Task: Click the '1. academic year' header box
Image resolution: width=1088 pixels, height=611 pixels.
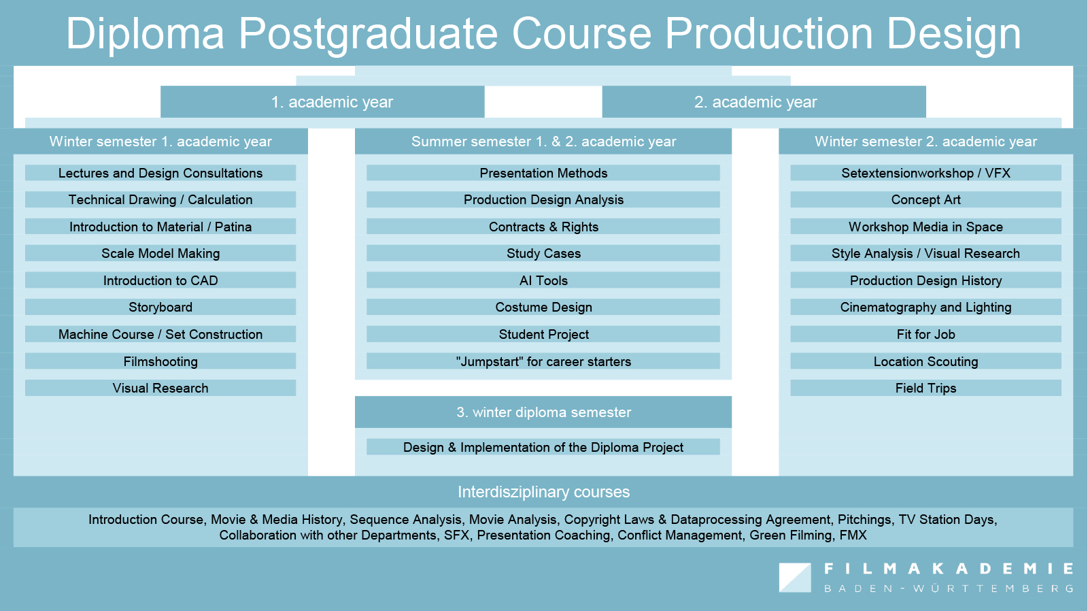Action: tap(322, 101)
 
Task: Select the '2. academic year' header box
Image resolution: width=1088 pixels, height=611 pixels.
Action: tap(764, 101)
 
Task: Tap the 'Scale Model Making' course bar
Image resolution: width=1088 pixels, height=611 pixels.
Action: tap(160, 253)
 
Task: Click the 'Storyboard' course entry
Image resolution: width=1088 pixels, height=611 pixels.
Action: tap(160, 308)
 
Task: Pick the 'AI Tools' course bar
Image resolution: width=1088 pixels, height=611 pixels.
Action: tap(543, 280)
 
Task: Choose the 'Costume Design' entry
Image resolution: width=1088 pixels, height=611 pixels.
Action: tap(543, 308)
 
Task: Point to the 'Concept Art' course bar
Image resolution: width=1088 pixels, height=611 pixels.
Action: tap(925, 199)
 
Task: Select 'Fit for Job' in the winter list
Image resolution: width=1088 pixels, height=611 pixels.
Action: tap(925, 335)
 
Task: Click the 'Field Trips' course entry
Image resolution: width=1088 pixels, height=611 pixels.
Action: tap(925, 388)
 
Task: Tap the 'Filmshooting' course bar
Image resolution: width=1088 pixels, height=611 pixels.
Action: tap(160, 361)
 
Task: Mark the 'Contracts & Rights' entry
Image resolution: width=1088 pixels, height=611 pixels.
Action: tap(543, 227)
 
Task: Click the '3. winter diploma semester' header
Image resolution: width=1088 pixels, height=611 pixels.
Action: tap(543, 412)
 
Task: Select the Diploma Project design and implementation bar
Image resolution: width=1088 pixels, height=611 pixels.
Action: tap(543, 447)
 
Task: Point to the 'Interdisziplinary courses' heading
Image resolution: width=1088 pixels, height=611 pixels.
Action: tap(543, 492)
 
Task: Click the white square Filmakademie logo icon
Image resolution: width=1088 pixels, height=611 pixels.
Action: tap(795, 578)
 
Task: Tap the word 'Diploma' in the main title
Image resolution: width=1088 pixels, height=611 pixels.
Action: tap(145, 33)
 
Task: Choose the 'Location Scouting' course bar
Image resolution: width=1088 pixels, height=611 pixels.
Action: tap(925, 361)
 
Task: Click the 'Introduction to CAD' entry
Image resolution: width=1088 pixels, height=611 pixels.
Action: tap(160, 280)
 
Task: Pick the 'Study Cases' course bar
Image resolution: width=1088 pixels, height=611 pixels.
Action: tap(543, 253)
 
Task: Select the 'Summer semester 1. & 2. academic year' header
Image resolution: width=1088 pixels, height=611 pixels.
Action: tap(543, 142)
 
